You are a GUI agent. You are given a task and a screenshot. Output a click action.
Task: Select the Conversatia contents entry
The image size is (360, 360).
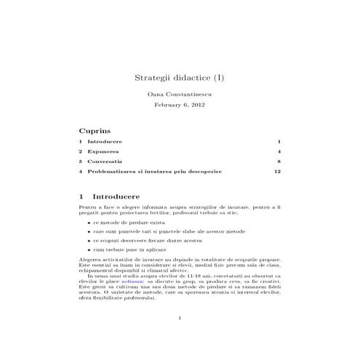(x=105, y=161)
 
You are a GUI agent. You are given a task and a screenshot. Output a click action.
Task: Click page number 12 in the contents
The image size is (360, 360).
(x=276, y=172)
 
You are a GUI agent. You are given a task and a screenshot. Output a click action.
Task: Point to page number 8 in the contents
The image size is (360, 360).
(x=279, y=161)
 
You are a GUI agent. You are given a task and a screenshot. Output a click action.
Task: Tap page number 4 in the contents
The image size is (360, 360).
(x=279, y=151)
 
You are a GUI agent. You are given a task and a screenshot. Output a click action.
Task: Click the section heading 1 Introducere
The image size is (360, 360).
(x=113, y=196)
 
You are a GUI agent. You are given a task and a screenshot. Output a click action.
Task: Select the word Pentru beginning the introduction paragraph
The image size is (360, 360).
(x=88, y=207)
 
